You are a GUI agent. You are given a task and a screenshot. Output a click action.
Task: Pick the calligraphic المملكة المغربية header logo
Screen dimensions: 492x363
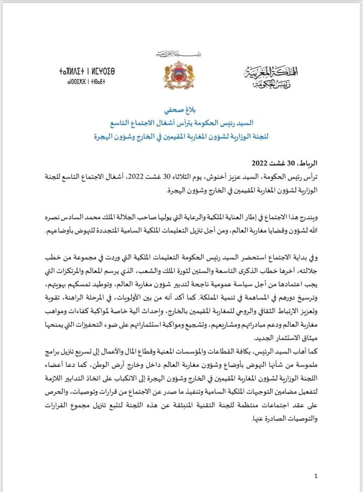pos(282,76)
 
